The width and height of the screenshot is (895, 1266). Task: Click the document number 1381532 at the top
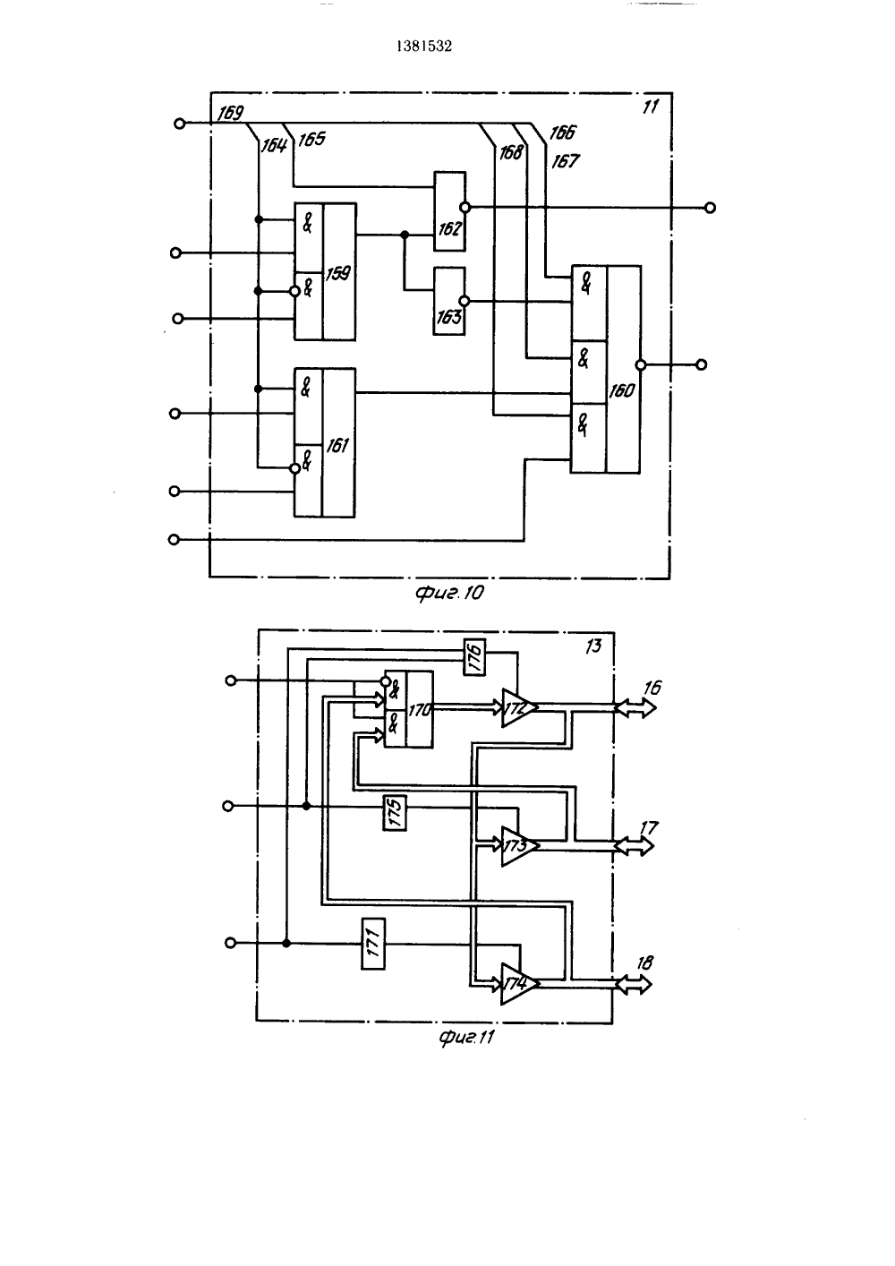(x=424, y=47)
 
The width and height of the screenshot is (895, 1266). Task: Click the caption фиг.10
(x=450, y=593)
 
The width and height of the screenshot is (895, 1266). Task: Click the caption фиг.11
(x=466, y=1037)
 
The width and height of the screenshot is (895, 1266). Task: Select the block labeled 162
(x=450, y=210)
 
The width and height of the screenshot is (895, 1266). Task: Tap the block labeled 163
(x=449, y=301)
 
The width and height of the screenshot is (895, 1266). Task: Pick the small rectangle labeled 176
(x=474, y=657)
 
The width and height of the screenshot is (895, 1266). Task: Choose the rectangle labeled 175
(x=395, y=813)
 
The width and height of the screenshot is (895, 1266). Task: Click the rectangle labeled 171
(x=373, y=944)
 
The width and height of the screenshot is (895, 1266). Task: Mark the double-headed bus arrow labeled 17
(x=634, y=846)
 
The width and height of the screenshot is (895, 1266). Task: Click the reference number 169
(x=231, y=114)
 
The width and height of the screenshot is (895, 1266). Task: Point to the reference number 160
(x=621, y=390)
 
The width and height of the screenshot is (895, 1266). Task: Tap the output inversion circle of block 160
(x=640, y=365)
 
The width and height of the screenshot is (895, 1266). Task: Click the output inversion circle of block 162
(x=465, y=208)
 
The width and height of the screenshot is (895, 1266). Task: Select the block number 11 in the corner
(x=651, y=107)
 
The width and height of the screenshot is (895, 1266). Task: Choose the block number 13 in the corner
(x=593, y=646)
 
